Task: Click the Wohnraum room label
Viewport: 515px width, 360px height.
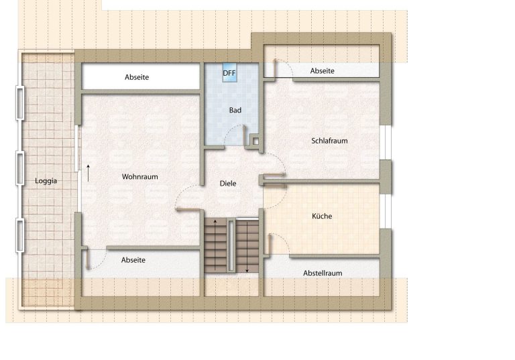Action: [140, 177]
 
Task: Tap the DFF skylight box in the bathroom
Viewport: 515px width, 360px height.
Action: [229, 72]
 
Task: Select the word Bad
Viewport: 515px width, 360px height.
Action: [235, 111]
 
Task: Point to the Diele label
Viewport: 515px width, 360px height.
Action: [228, 184]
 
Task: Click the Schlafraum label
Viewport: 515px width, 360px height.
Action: [329, 141]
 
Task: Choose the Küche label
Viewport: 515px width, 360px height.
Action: [322, 216]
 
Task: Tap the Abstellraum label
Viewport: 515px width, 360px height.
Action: [323, 274]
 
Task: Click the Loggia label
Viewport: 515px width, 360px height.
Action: [46, 181]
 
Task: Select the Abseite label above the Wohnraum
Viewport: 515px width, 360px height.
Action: [137, 77]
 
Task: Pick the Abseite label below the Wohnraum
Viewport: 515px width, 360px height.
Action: [133, 260]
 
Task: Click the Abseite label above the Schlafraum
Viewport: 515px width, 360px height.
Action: [322, 71]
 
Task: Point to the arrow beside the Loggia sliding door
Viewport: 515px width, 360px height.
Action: [88, 173]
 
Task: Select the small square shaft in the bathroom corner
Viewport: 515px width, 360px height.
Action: [255, 141]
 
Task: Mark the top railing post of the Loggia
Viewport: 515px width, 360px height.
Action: [20, 103]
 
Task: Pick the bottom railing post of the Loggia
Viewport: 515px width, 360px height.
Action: [20, 236]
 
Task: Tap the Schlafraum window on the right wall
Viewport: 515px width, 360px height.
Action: [387, 143]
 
